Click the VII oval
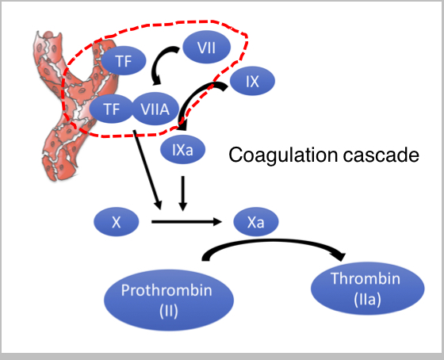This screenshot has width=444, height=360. tap(206, 47)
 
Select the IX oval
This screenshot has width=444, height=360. tap(252, 81)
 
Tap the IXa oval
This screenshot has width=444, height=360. tap(182, 149)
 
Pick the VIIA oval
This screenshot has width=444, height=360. tap(155, 109)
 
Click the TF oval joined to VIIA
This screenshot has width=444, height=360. tap(111, 109)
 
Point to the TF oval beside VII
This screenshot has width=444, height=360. tap(124, 60)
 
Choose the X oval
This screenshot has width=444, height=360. tap(117, 222)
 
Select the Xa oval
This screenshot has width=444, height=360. tap(256, 222)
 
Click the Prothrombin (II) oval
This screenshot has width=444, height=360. tap(169, 300)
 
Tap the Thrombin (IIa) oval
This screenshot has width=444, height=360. tap(368, 289)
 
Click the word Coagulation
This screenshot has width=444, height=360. tap(283, 155)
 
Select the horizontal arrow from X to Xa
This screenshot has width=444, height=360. tap(186, 221)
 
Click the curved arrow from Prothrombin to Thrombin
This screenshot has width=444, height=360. tap(272, 241)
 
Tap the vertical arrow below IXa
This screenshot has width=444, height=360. tap(183, 193)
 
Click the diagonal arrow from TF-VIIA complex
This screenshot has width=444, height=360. tap(147, 170)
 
